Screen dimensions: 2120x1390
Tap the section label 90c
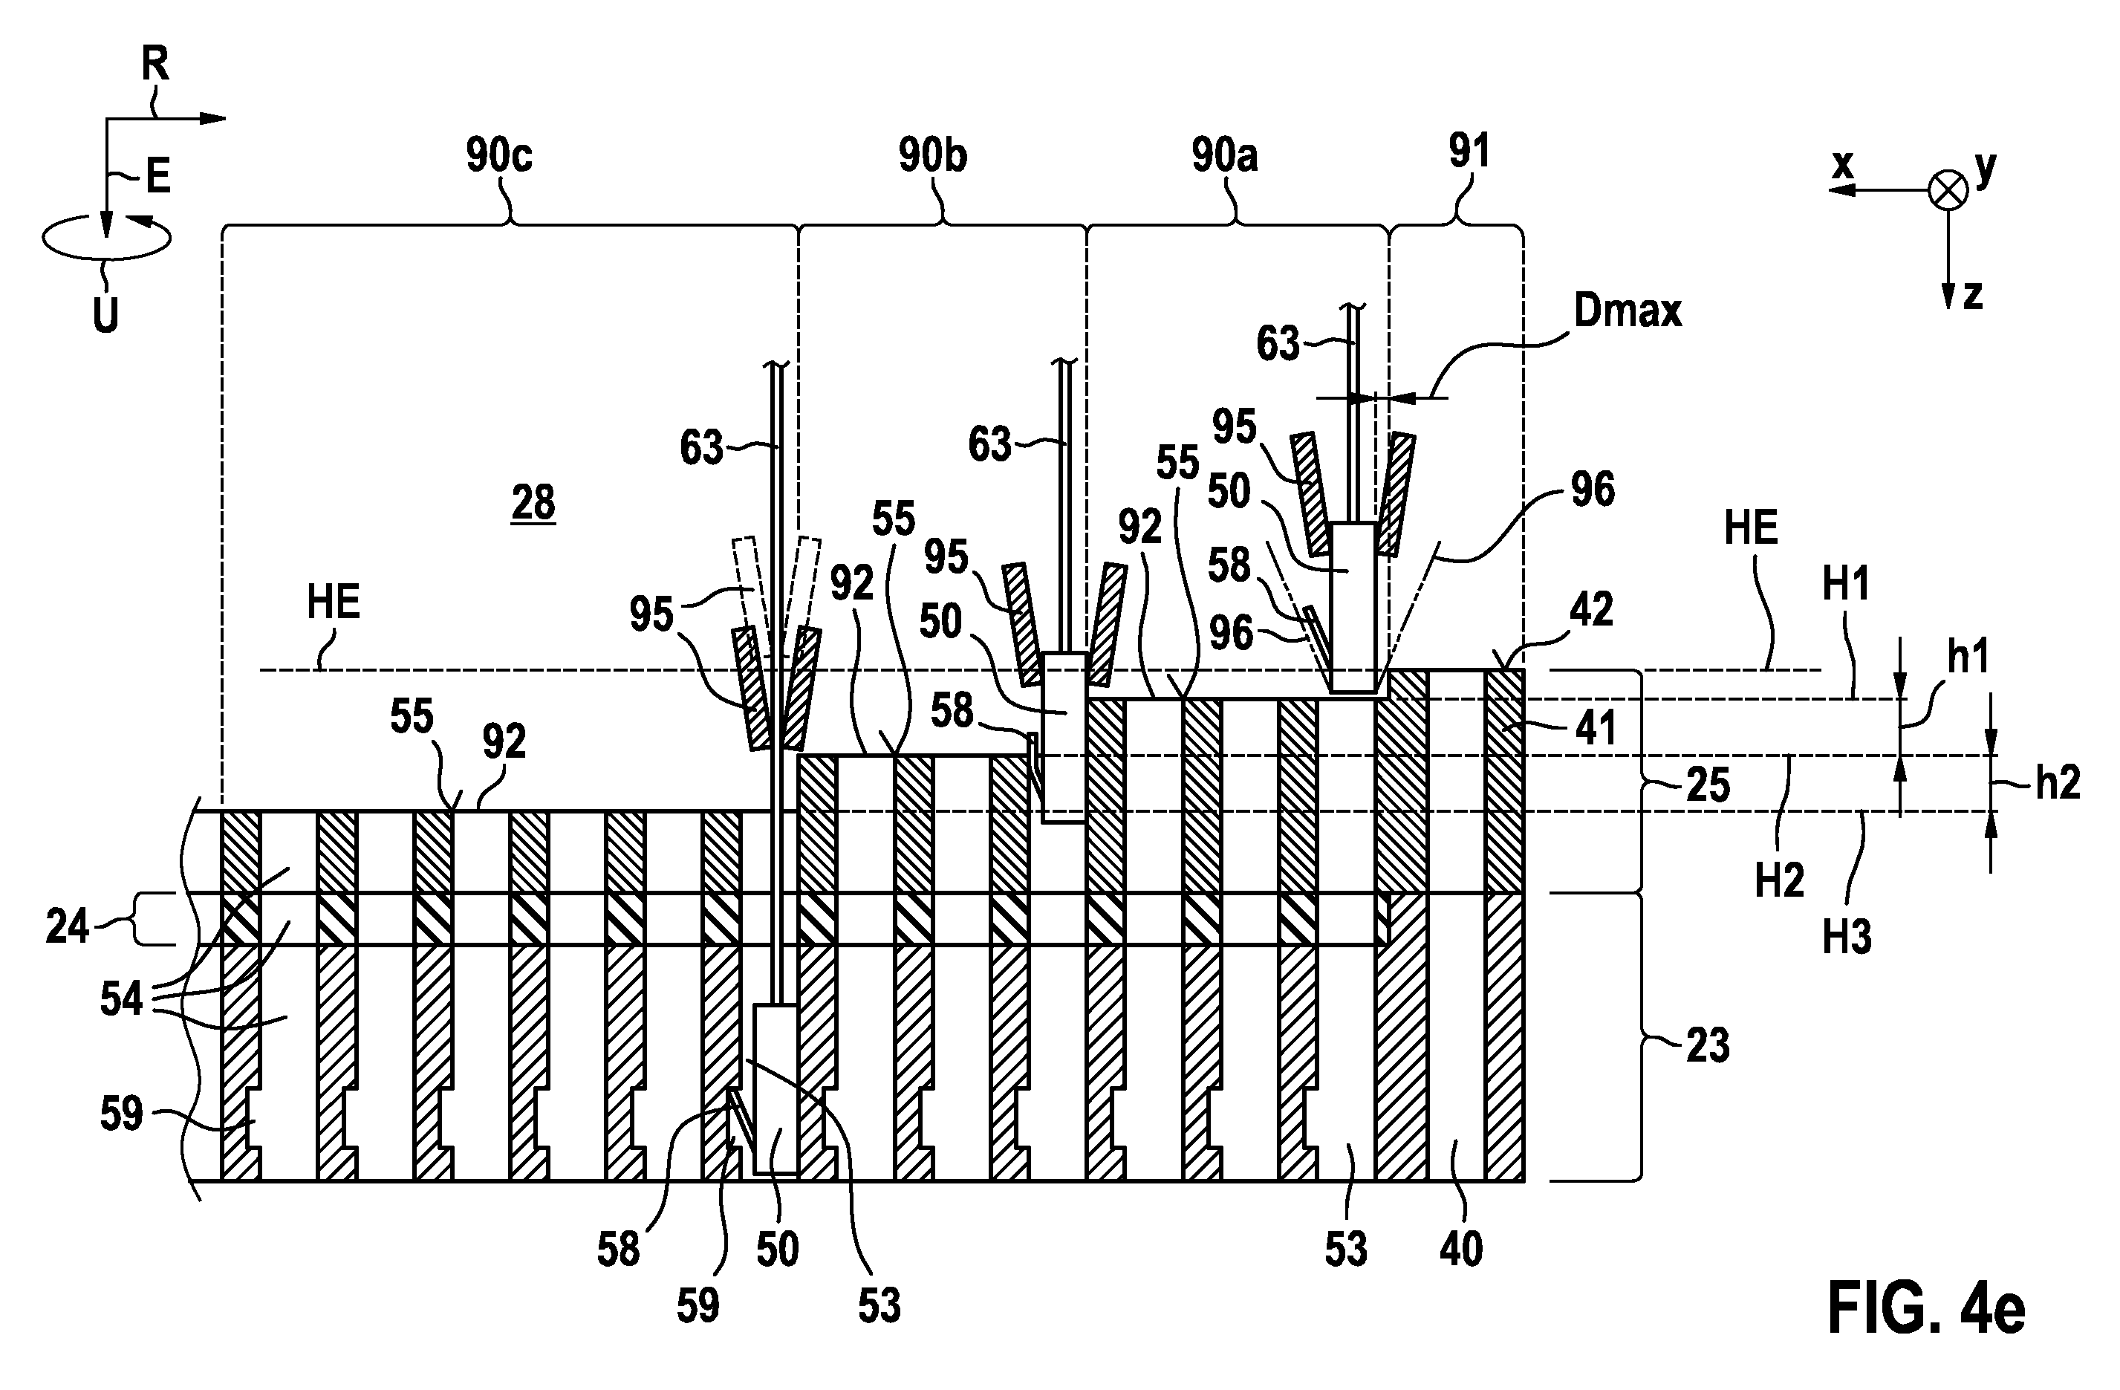pyautogui.click(x=499, y=156)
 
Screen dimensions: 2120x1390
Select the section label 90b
pyautogui.click(x=933, y=156)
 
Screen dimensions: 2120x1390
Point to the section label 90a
pyautogui.click(x=1225, y=156)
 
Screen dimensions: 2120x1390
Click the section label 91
pyautogui.click(x=1469, y=152)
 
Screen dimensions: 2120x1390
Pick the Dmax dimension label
pyautogui.click(x=1628, y=311)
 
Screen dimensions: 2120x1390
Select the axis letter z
pyautogui.click(x=1973, y=295)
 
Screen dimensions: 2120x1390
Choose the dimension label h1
pyautogui.click(x=1968, y=657)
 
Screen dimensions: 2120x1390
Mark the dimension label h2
pyautogui.click(x=2058, y=782)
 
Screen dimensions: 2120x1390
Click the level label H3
pyautogui.click(x=1847, y=938)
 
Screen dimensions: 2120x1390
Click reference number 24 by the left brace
pyautogui.click(x=68, y=928)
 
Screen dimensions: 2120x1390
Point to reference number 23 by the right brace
pyautogui.click(x=1708, y=1045)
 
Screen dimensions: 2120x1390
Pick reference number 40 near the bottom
pyautogui.click(x=1461, y=1250)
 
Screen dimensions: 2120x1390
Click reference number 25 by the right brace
pyautogui.click(x=1708, y=785)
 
